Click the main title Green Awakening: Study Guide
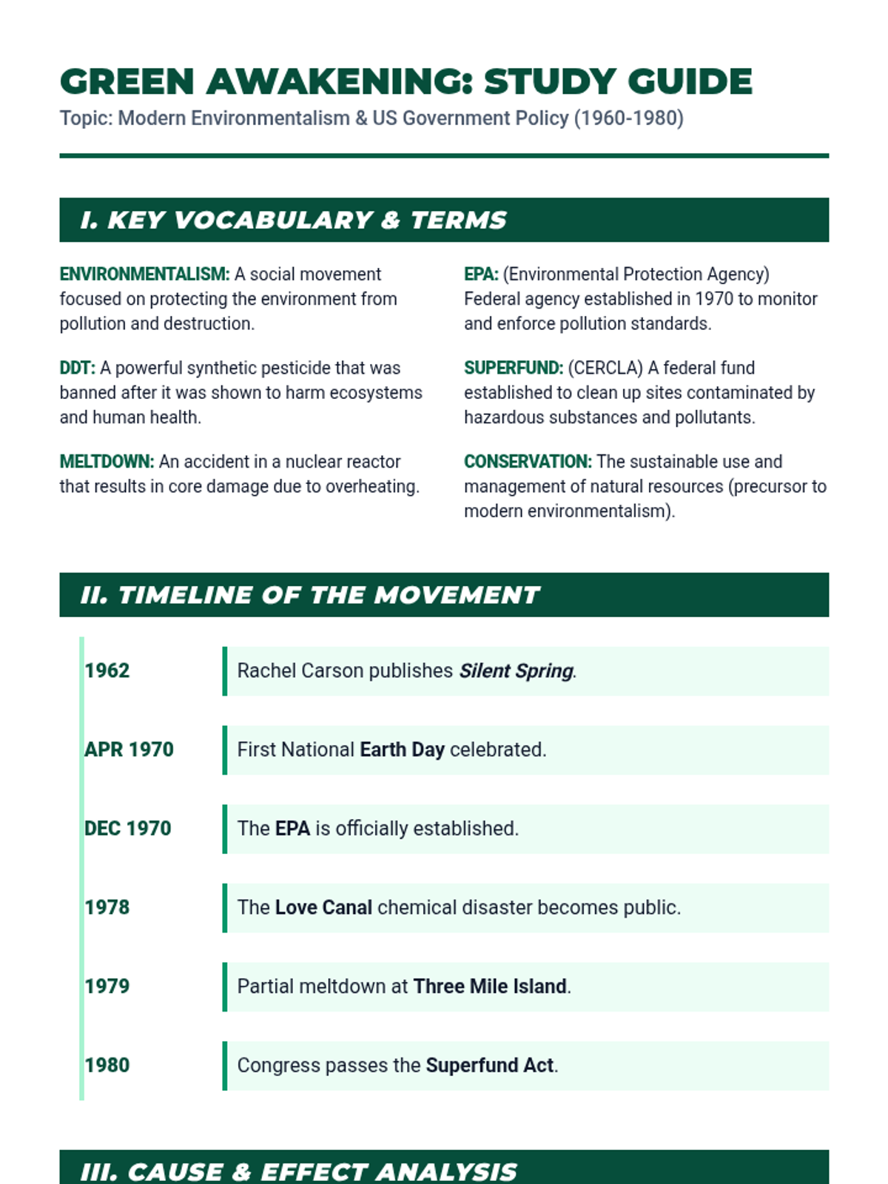coord(406,81)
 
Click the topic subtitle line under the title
coord(371,118)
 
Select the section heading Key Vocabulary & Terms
coord(294,220)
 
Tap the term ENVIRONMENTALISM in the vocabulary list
coord(144,275)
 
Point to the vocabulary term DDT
coord(77,369)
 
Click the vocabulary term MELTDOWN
coord(107,462)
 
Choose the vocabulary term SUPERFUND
coord(513,369)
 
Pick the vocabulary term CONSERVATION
coord(527,462)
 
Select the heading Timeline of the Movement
coord(310,595)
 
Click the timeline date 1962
coord(107,670)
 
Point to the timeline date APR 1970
coord(129,750)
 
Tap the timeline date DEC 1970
coord(127,829)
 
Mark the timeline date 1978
coord(107,907)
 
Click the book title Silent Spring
coord(516,671)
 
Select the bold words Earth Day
coord(402,750)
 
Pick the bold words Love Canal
coord(323,908)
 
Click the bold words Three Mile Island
coord(490,986)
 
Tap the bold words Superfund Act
coord(489,1066)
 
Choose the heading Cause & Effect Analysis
coord(298,1171)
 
